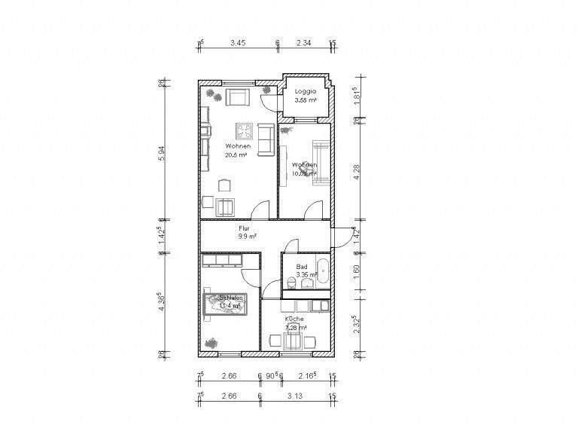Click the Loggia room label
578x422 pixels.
305,91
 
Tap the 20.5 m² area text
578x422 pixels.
236,154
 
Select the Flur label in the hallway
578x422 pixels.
244,228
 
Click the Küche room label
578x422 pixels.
294,320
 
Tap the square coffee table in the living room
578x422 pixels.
243,130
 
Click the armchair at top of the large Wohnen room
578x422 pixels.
237,96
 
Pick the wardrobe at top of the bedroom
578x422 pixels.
221,260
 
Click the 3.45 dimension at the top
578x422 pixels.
237,44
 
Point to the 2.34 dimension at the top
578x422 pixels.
304,44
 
